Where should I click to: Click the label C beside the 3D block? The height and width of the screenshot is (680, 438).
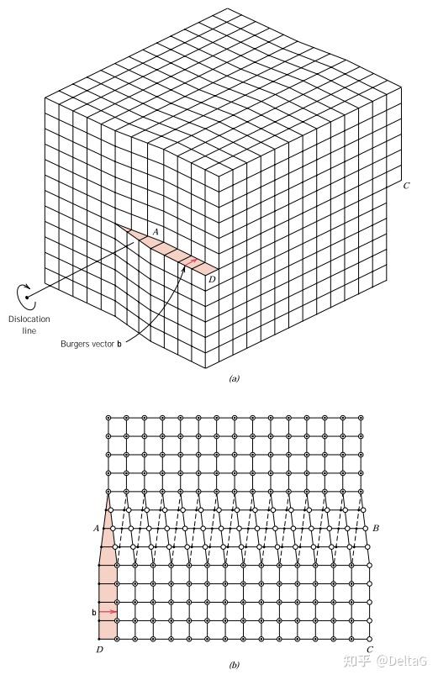(x=406, y=186)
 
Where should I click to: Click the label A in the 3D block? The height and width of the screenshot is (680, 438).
(x=156, y=232)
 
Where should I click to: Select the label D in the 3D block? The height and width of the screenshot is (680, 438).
(x=212, y=279)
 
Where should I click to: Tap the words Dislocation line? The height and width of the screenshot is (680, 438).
(x=29, y=324)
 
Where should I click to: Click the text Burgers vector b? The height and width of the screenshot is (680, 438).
(x=91, y=344)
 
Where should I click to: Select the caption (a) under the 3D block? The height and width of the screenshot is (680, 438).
(x=234, y=378)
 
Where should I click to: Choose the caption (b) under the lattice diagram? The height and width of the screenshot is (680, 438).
(x=234, y=665)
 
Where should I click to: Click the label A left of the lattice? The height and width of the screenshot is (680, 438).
(x=96, y=528)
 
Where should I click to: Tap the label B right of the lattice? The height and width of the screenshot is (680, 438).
(x=376, y=528)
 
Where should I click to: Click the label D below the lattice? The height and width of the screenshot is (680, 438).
(x=100, y=650)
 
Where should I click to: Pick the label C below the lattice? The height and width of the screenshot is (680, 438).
(x=369, y=649)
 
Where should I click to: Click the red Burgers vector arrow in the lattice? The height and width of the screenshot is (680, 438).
(x=108, y=611)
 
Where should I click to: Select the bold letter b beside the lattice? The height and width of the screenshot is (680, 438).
(x=93, y=613)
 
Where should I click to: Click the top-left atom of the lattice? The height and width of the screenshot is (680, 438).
(x=108, y=418)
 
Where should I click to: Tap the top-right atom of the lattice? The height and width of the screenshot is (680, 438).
(x=361, y=418)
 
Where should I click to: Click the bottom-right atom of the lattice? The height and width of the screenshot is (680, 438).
(x=369, y=639)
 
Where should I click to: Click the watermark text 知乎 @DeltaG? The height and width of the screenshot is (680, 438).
(x=386, y=661)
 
